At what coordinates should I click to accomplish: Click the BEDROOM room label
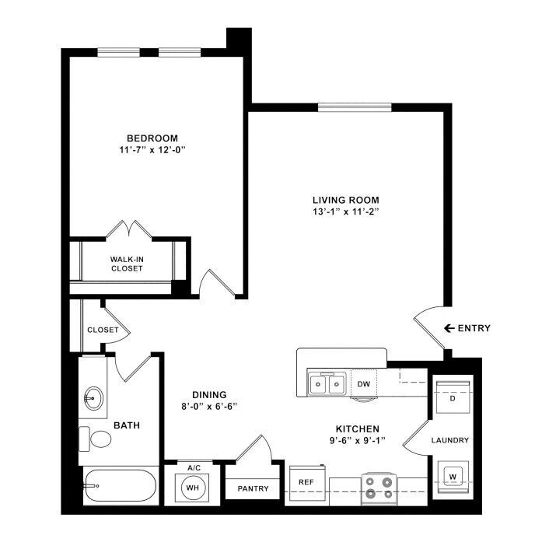click(x=152, y=138)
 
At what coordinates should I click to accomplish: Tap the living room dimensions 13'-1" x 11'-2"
click(x=346, y=212)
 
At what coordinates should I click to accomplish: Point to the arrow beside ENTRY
click(x=449, y=328)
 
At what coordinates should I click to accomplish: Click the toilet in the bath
click(x=95, y=439)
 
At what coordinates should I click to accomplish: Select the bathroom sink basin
click(x=93, y=399)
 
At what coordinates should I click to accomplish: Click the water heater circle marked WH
click(x=193, y=488)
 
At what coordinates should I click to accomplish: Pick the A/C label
click(x=194, y=468)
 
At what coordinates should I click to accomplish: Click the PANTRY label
click(x=253, y=489)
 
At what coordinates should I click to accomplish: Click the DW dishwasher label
click(x=364, y=383)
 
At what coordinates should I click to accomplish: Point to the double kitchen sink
click(x=327, y=383)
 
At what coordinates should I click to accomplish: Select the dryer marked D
click(x=453, y=397)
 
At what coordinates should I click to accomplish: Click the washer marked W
click(x=453, y=477)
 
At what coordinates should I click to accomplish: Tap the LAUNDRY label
click(x=450, y=440)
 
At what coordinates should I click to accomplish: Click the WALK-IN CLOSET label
click(x=127, y=264)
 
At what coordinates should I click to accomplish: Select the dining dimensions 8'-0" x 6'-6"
click(x=209, y=407)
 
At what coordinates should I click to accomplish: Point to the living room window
click(x=355, y=107)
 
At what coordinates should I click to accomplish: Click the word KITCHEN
click(x=358, y=429)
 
